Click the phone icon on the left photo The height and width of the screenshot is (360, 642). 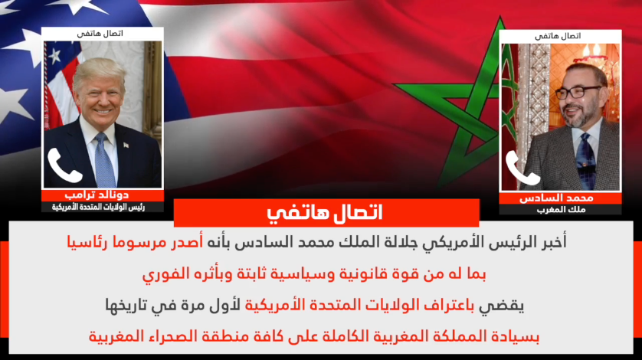point(64,166)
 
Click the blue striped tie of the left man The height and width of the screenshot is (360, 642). point(103,160)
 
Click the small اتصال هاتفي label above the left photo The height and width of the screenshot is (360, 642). point(100,34)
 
